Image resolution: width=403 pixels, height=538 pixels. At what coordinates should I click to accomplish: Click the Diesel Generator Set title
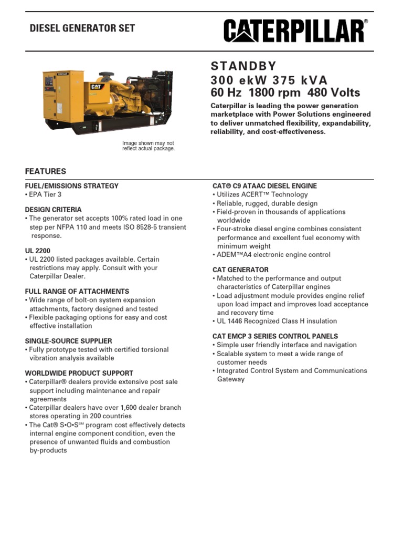(82, 28)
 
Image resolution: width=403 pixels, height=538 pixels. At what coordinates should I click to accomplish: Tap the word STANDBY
(243, 66)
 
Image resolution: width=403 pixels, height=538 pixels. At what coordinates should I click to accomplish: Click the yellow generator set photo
(108, 100)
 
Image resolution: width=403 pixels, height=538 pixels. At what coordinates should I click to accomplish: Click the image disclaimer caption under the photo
(149, 146)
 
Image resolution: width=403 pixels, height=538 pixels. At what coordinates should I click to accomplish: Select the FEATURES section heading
(46, 171)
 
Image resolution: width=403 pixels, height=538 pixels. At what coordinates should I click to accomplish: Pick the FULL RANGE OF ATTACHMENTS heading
(77, 292)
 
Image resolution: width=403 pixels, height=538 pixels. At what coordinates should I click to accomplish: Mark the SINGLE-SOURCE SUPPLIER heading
(68, 341)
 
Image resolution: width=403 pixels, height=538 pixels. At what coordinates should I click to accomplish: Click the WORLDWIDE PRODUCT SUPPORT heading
(79, 373)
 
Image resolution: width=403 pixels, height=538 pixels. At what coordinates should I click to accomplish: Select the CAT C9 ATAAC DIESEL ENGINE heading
(264, 186)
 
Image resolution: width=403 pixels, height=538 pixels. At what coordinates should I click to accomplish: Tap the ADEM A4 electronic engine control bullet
(273, 255)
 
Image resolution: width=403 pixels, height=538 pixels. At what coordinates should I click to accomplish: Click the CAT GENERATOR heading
(240, 270)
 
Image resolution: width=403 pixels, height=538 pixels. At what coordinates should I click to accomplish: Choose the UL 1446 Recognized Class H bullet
(276, 321)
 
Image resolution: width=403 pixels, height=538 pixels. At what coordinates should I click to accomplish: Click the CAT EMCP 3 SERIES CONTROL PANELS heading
(275, 336)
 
